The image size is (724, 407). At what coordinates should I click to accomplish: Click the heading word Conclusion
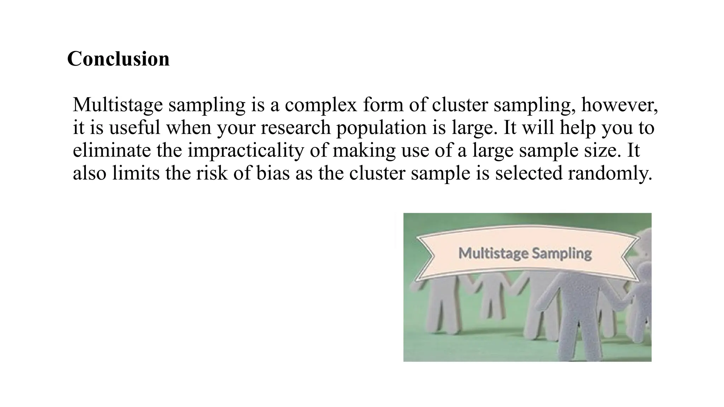pyautogui.click(x=118, y=59)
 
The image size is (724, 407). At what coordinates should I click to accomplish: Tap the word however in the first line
pyautogui.click(x=619, y=105)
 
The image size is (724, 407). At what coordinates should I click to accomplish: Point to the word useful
pyautogui.click(x=134, y=128)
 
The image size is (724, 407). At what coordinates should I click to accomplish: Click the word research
pyautogui.click(x=296, y=128)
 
